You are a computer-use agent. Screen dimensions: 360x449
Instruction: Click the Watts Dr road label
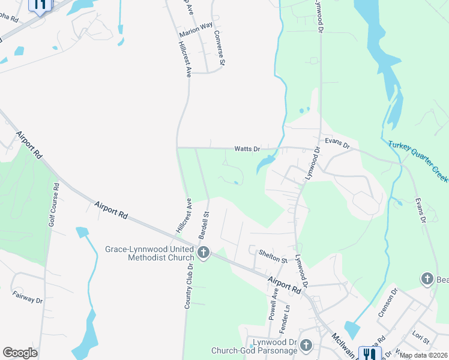(x=247, y=148)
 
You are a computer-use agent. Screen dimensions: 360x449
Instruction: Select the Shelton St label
(x=273, y=256)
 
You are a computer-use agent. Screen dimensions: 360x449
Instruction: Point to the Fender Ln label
(x=286, y=316)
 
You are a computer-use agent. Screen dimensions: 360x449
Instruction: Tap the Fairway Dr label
(x=28, y=296)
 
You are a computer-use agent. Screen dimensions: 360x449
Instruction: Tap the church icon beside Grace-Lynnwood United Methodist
(x=203, y=253)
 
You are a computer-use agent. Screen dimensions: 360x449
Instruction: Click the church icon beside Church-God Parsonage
(x=306, y=346)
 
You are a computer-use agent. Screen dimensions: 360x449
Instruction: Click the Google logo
(x=20, y=353)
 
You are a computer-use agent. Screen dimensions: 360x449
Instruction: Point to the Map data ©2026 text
(x=424, y=355)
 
